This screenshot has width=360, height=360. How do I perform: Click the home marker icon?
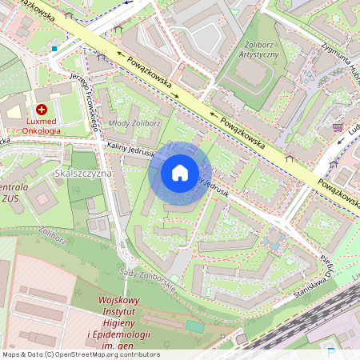pos(180,173)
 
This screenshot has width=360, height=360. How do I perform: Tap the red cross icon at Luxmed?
pos(42,109)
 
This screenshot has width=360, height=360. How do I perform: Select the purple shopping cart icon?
pos(338,127)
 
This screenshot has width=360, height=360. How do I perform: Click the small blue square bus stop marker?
pos(54,49)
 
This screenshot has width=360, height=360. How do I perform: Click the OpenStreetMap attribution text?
pos(80,354)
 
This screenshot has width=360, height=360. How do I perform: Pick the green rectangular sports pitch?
pos(195,326)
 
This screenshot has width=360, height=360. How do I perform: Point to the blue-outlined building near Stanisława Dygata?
pos(275,238)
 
